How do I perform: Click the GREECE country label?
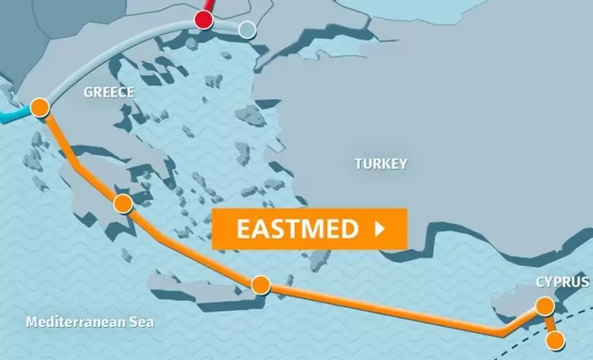[108, 92]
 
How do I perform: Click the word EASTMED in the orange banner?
[296, 229]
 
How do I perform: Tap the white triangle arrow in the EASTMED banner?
[380, 229]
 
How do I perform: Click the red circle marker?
[204, 19]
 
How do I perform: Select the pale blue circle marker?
[247, 30]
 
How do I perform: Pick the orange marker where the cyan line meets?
[39, 108]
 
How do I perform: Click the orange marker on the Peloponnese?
[123, 203]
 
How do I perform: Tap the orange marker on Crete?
[260, 285]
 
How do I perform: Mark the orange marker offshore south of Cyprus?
[555, 341]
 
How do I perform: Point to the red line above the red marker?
[208, 5]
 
